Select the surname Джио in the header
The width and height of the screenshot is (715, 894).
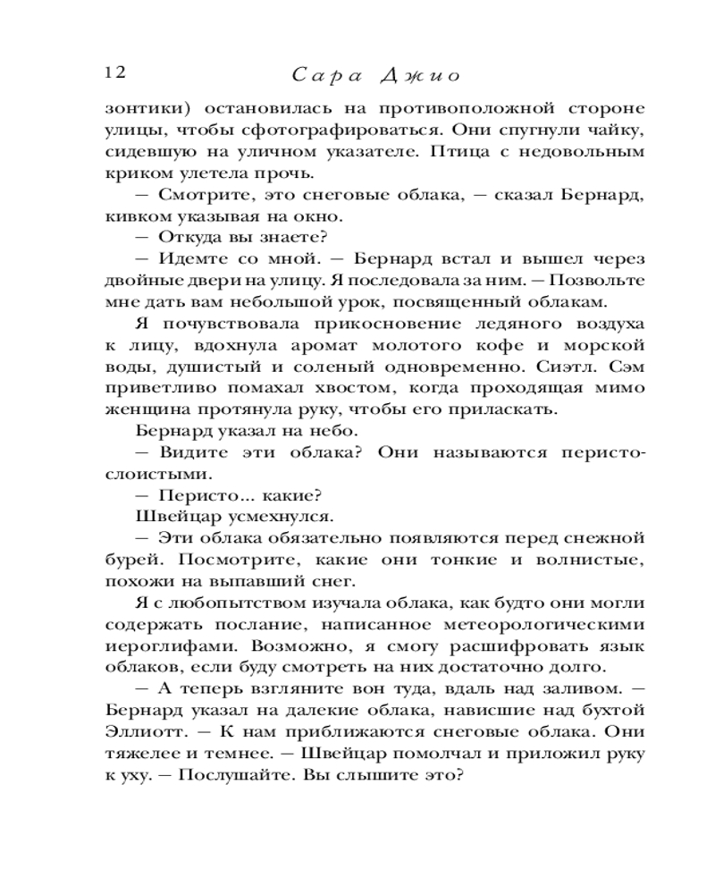pos(421,73)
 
